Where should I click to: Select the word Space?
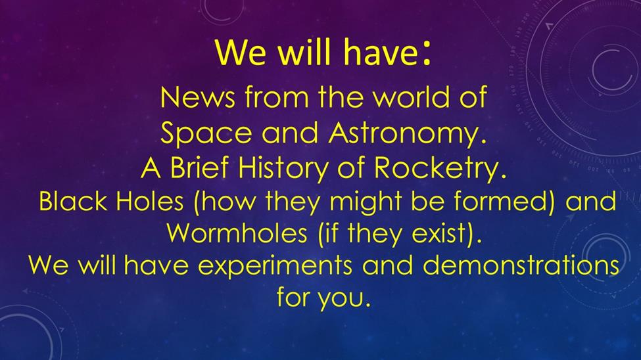[206, 134]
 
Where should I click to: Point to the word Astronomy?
[408, 134]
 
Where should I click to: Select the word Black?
[73, 201]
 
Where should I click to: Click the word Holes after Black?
[150, 201]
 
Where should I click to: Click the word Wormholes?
[237, 233]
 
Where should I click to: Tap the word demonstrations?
[521, 265]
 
